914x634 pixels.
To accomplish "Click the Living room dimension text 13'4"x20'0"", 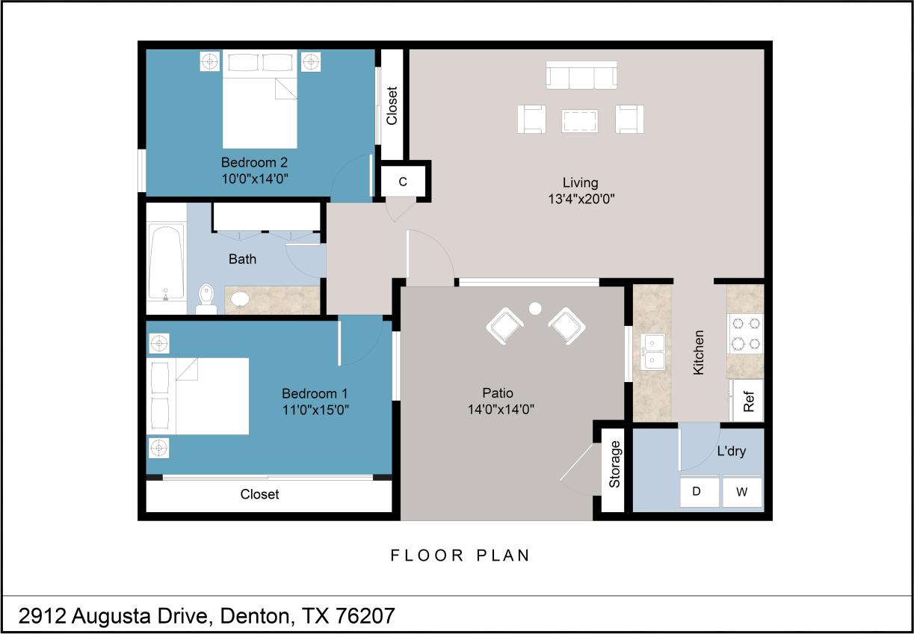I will click(581, 199).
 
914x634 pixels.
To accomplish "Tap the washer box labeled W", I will click(741, 492).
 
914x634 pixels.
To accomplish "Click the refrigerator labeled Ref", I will click(748, 401).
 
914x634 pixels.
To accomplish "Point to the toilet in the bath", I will click(206, 300).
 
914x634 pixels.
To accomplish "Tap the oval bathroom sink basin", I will click(240, 299).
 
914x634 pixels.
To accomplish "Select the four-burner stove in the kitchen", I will click(744, 333).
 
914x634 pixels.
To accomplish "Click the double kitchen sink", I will click(655, 353).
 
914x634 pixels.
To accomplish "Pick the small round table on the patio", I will click(534, 307).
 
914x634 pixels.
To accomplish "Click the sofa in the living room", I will click(581, 76).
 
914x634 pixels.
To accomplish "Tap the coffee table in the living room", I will click(580, 120).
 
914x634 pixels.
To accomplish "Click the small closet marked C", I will click(403, 182).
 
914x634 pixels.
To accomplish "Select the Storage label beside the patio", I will click(615, 464).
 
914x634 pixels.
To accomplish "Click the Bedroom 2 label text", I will click(254, 162).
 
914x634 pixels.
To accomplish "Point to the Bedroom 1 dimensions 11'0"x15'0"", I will click(315, 409).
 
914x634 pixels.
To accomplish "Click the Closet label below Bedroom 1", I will click(259, 494).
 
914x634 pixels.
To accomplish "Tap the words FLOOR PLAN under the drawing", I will click(460, 555).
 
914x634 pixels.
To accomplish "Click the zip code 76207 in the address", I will click(365, 617).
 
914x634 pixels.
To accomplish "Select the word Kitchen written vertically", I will click(699, 352).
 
